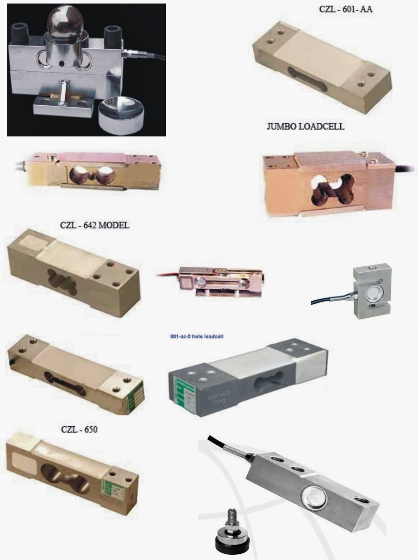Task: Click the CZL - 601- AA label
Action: pos(346,9)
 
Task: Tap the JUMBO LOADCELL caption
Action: pos(305,126)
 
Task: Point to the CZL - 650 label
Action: pos(79,429)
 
